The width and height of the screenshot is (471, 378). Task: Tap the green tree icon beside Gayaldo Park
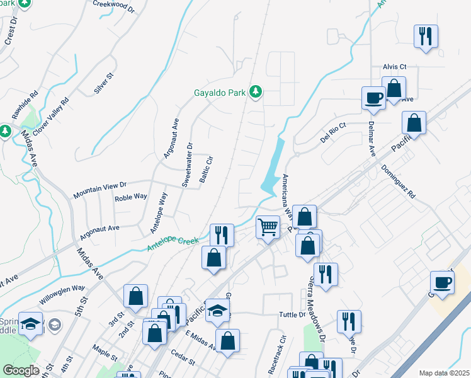coord(256,93)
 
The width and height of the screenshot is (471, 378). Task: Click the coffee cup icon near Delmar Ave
coord(373,98)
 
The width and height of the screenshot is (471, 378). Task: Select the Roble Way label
coord(131,198)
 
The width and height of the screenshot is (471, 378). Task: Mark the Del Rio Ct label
coord(333,133)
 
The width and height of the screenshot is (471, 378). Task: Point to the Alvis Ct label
coord(395,66)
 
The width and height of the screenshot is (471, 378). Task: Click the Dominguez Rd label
coord(399,182)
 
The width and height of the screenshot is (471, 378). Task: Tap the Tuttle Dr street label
coord(293,314)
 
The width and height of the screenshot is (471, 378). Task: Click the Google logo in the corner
coord(21,370)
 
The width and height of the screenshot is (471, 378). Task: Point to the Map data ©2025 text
coord(443,373)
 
